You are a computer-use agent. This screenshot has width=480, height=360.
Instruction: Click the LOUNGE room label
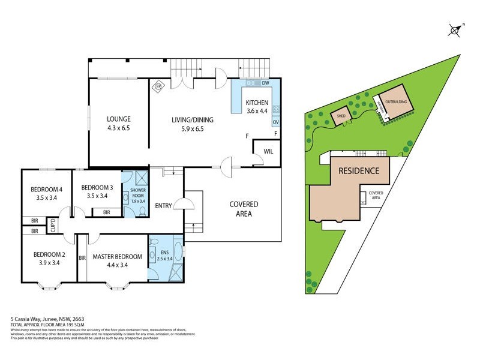pyautogui.click(x=119, y=119)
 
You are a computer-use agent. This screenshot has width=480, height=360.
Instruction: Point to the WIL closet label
pyautogui.click(x=268, y=152)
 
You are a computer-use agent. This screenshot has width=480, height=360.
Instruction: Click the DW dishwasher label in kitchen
pyautogui.click(x=265, y=83)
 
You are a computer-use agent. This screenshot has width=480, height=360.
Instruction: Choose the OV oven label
pyautogui.click(x=275, y=122)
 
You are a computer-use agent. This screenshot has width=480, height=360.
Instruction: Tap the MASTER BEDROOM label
pyautogui.click(x=118, y=257)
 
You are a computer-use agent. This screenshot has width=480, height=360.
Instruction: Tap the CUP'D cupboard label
pyautogui.click(x=53, y=226)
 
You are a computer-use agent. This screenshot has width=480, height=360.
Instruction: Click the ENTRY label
pyautogui.click(x=163, y=206)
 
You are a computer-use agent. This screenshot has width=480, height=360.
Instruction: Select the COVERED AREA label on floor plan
pyautogui.click(x=244, y=209)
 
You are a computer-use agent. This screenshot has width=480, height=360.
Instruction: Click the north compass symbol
pyautogui.click(x=455, y=29)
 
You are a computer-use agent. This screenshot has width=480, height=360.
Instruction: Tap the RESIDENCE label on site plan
pyautogui.click(x=359, y=170)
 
